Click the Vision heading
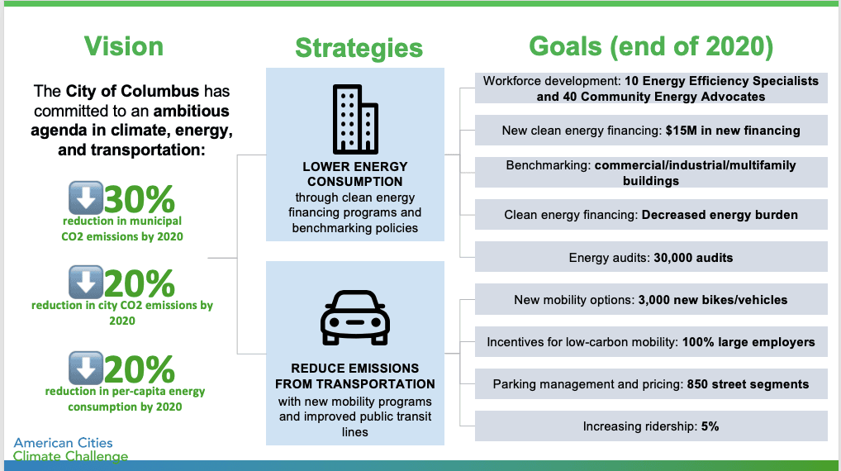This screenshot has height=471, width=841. click(x=123, y=46)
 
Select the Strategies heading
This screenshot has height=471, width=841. click(x=359, y=48)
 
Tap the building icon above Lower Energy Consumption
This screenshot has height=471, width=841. click(x=355, y=119)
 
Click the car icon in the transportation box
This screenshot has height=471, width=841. click(x=355, y=317)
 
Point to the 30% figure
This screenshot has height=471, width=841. click(x=140, y=199)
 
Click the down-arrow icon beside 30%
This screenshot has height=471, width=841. click(x=86, y=198)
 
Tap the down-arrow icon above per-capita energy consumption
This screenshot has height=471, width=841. click(x=86, y=368)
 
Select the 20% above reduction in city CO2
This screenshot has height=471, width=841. click(x=140, y=283)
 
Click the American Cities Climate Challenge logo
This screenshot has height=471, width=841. click(x=70, y=450)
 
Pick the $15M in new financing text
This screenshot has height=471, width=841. click(x=733, y=131)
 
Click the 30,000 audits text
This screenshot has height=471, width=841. click(x=693, y=258)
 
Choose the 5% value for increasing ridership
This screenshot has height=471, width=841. click(x=710, y=426)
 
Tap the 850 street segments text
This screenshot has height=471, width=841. click(x=748, y=384)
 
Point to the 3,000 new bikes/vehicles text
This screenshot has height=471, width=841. click(x=713, y=300)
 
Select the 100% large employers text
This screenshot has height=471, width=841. click(x=748, y=342)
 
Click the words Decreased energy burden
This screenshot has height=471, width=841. click(x=720, y=215)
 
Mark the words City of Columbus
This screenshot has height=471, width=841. click(x=132, y=91)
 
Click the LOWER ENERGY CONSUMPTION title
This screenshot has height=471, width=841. click(x=355, y=174)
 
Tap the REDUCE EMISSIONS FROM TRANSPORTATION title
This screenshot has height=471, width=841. click(x=355, y=376)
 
